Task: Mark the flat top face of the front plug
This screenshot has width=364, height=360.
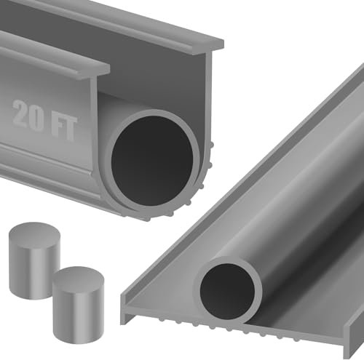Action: pyautogui.click(x=76, y=276)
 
